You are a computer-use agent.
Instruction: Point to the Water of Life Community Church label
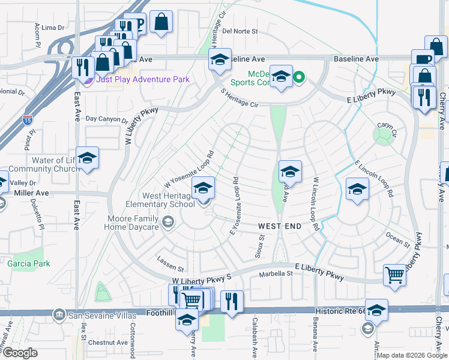[x=44, y=164]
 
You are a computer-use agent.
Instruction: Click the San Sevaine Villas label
[x=96, y=314]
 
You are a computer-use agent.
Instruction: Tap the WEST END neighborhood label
[x=280, y=226]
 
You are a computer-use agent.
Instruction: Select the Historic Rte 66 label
[x=339, y=311]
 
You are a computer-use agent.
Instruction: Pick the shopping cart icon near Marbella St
[x=394, y=275]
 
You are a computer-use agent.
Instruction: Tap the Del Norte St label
[x=240, y=31]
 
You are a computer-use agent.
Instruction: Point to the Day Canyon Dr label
[x=107, y=119]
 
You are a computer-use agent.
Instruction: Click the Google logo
[x=20, y=353]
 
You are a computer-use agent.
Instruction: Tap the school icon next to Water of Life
[x=87, y=158]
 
